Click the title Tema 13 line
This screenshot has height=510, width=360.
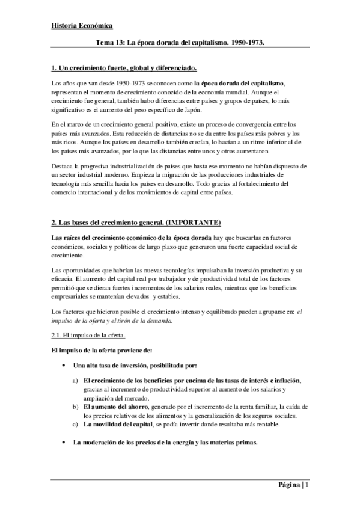pyautogui.click(x=181, y=43)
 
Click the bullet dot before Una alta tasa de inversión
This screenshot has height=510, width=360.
pyautogui.click(x=64, y=366)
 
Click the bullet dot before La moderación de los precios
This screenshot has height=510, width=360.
pyautogui.click(x=64, y=443)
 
